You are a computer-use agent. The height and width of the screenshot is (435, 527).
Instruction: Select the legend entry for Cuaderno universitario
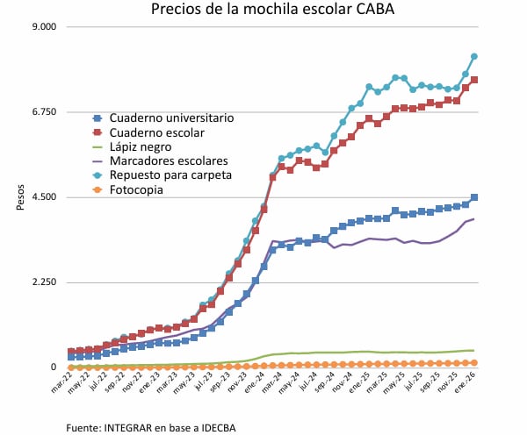point(165,118)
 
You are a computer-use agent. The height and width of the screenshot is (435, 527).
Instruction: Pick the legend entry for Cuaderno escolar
point(156,132)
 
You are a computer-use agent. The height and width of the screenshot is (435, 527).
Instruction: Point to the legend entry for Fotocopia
point(137,189)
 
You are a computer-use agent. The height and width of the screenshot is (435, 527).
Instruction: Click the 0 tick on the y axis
point(54,367)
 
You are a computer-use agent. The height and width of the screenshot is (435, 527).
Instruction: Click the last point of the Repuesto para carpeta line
point(474,56)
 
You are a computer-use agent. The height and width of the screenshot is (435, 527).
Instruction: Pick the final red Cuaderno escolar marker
point(474,80)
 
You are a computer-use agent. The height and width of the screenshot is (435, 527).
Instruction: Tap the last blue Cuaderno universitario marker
point(474,197)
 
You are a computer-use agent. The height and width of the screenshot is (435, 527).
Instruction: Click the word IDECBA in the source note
point(217,427)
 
